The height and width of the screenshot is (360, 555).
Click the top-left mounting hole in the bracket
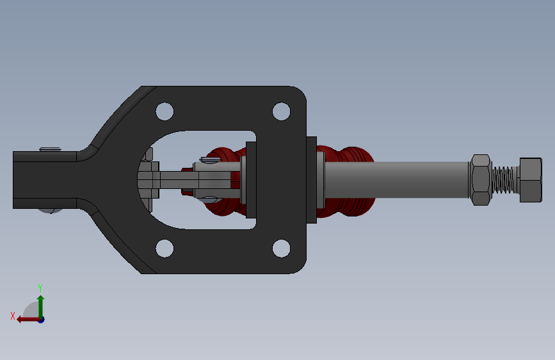[165, 111]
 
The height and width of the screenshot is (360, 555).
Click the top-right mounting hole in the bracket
[281, 111]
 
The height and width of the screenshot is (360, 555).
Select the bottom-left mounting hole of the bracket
[165, 248]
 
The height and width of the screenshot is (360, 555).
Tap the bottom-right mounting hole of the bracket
[281, 248]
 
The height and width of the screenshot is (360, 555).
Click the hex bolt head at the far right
[531, 179]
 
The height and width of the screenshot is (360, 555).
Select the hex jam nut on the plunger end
[481, 179]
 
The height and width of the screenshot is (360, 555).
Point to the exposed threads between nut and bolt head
[506, 179]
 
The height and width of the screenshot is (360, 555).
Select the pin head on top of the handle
[50, 149]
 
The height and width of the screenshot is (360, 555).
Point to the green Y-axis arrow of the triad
[40, 304]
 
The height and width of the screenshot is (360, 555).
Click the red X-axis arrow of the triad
[26, 319]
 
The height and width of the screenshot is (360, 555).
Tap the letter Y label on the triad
[40, 288]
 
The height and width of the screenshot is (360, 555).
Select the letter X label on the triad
[12, 316]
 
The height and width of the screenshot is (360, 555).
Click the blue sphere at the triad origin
[41, 319]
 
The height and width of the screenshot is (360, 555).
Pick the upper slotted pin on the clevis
[211, 160]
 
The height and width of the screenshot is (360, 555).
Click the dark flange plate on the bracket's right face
[312, 179]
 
